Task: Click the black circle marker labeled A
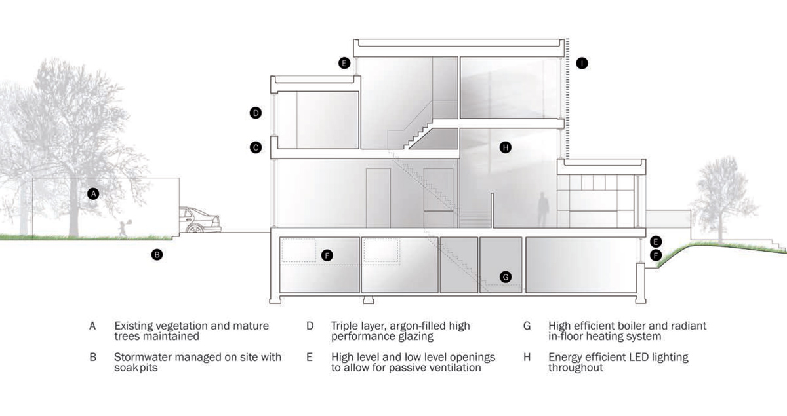click(x=93, y=193)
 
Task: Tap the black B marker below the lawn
click(x=157, y=255)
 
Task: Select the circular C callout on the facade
click(x=256, y=147)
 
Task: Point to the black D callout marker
click(x=256, y=113)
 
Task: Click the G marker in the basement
click(x=505, y=277)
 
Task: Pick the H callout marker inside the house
click(x=505, y=147)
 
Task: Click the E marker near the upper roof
click(x=344, y=63)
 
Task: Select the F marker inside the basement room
click(x=328, y=255)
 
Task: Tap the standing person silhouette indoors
click(x=542, y=209)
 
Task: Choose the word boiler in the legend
click(x=636, y=326)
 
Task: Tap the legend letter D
click(x=310, y=326)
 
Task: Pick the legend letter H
click(x=527, y=357)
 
